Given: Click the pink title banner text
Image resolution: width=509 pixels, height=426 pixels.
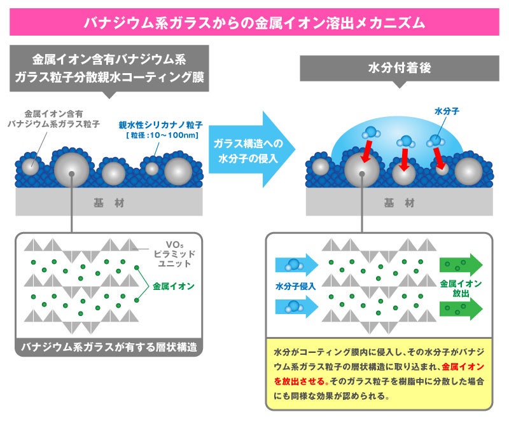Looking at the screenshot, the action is (x=254, y=23).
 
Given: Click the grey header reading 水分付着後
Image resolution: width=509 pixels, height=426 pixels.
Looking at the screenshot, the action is (x=400, y=68).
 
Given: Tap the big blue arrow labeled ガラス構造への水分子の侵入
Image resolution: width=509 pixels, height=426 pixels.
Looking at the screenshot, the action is (x=251, y=149).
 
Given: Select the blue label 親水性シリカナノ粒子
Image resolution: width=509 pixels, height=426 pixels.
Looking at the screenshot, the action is (x=160, y=125).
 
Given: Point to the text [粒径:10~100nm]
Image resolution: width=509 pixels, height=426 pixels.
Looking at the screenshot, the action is (x=162, y=135).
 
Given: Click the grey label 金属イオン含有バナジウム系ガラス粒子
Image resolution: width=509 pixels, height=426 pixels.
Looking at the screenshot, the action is (x=53, y=119).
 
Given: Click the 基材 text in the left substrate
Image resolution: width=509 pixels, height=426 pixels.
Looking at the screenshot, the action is (x=109, y=203).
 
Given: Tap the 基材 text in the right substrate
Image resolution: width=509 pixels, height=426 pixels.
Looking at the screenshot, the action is (x=400, y=203).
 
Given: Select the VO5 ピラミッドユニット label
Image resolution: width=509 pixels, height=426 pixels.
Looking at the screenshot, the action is (x=174, y=254).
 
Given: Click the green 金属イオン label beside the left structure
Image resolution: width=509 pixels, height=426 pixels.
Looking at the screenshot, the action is (x=174, y=286).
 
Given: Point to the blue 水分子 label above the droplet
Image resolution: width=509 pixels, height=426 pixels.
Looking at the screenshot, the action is (x=447, y=111).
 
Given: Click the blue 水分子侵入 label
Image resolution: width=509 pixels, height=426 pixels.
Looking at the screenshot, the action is (x=295, y=286).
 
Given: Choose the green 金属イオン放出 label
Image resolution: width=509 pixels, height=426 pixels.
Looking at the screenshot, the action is (x=461, y=289).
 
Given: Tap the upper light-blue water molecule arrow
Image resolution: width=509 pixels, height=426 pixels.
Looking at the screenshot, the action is (x=296, y=265).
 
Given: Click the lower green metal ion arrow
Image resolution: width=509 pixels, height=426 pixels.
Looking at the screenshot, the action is (x=461, y=308).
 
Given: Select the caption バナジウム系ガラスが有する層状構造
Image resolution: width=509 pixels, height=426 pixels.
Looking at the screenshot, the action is (x=109, y=347).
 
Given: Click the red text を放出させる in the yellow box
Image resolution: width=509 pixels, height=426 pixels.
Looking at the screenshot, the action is (x=300, y=381).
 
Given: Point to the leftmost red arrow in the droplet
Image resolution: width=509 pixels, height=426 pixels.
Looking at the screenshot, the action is (x=366, y=151).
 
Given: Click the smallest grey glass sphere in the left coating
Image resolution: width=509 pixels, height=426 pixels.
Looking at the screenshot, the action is (x=151, y=168).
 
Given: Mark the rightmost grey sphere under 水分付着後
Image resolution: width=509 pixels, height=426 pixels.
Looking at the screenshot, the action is (x=468, y=171).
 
